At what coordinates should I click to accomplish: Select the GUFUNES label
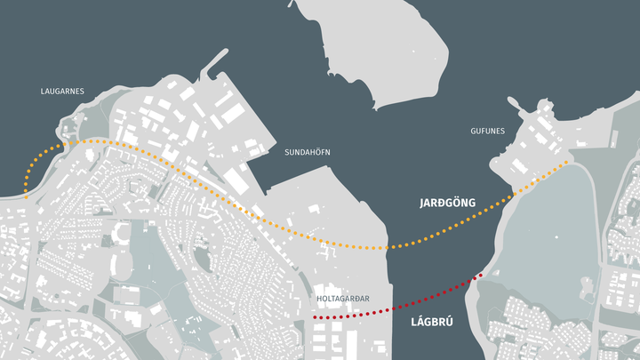click(487, 132)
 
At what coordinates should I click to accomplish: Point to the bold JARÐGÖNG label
click(447, 204)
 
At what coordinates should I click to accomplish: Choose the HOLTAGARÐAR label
click(342, 300)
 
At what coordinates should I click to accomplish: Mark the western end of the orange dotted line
click(26, 193)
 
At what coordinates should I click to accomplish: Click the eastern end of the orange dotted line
click(567, 163)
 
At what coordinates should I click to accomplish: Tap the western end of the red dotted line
click(316, 317)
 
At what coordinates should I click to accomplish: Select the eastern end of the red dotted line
click(481, 275)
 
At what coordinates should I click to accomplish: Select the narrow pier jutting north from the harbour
click(212, 71)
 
